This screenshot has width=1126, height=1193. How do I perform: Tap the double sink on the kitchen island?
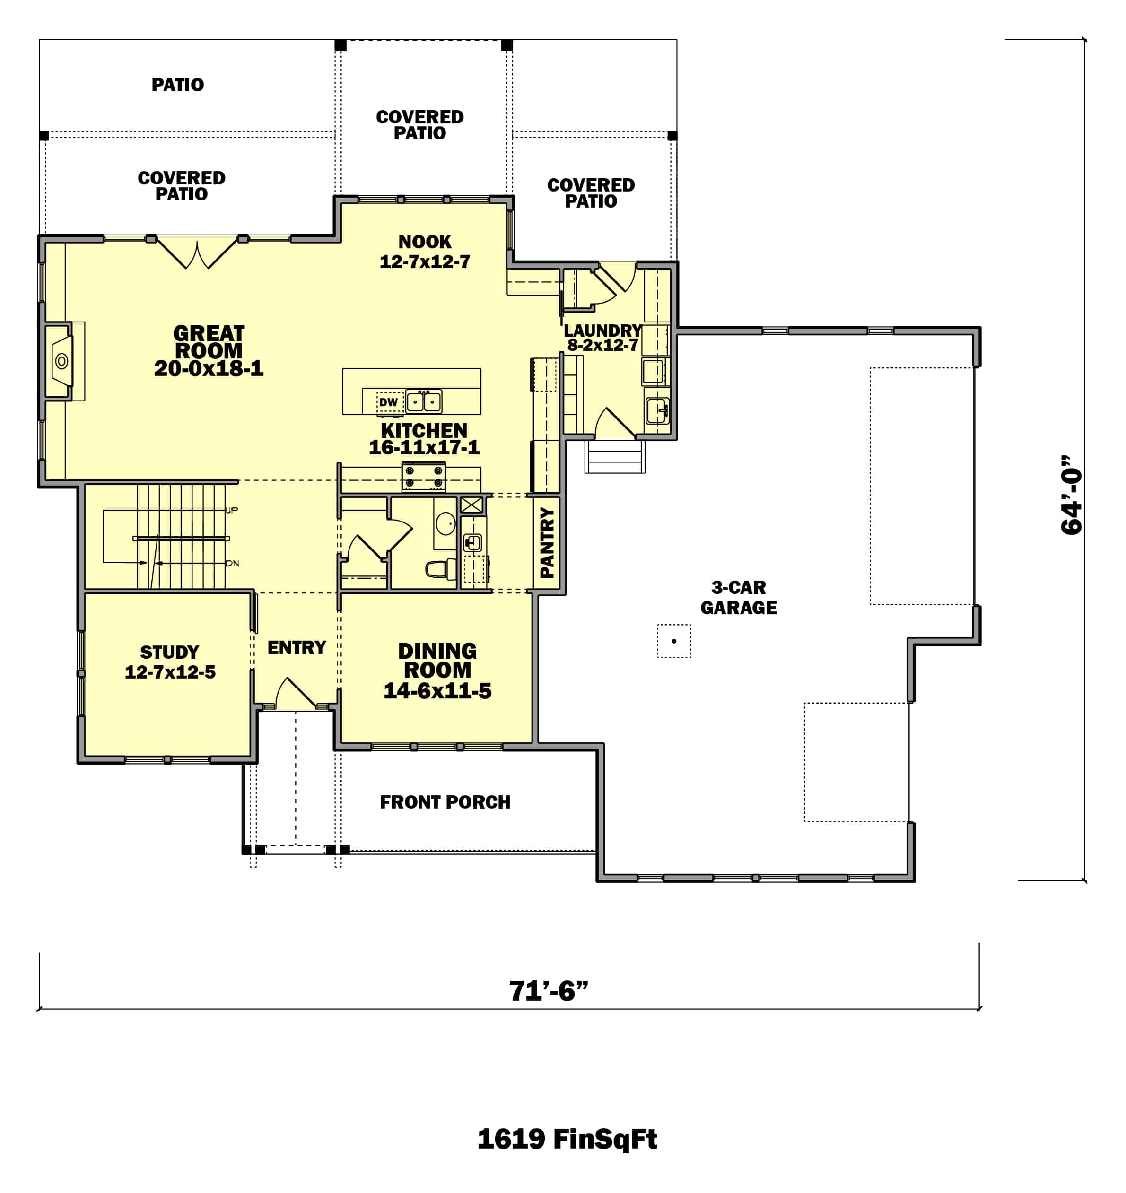click(x=424, y=401)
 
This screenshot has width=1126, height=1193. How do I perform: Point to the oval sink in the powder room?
click(x=446, y=523)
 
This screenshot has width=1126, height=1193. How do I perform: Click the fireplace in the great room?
click(x=61, y=361)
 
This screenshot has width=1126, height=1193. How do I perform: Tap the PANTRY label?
click(x=547, y=542)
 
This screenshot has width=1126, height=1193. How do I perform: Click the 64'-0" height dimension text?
click(x=1072, y=495)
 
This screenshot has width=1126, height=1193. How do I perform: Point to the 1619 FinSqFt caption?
click(x=567, y=1139)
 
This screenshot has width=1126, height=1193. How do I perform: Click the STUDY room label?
click(x=169, y=653)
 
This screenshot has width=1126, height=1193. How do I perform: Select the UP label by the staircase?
click(x=232, y=510)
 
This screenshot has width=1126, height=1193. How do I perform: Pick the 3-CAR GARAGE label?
click(x=738, y=598)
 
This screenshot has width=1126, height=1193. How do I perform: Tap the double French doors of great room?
click(x=197, y=252)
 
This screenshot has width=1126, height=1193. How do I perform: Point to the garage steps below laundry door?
click(x=615, y=457)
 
